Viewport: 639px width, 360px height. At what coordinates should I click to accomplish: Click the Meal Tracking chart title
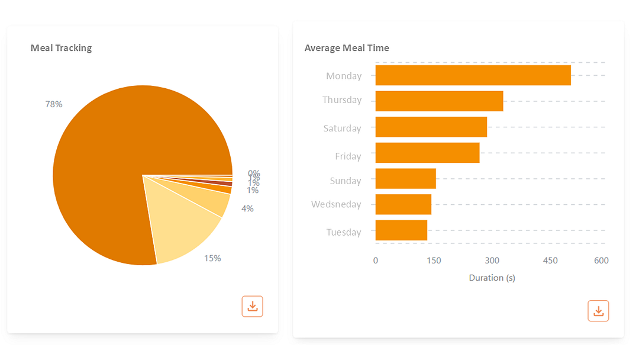pyautogui.click(x=61, y=48)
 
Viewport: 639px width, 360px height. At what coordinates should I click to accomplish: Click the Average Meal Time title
pyautogui.click(x=347, y=48)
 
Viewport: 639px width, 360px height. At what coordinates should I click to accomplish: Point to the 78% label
pyautogui.click(x=54, y=104)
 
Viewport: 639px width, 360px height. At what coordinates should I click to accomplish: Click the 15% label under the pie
pyautogui.click(x=212, y=258)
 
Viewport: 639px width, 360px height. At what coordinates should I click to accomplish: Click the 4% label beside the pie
pyautogui.click(x=247, y=208)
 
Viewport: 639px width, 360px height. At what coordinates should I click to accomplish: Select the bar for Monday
pyautogui.click(x=473, y=75)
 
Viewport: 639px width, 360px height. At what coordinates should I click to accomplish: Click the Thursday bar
pyautogui.click(x=439, y=101)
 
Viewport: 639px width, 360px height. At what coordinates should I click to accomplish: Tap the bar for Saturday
pyautogui.click(x=431, y=127)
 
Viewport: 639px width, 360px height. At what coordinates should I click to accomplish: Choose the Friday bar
pyautogui.click(x=427, y=153)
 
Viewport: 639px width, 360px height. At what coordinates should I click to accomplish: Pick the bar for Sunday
pyautogui.click(x=405, y=179)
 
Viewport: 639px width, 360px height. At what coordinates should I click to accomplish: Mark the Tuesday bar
pyautogui.click(x=401, y=230)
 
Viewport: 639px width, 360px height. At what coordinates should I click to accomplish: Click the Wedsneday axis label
pyautogui.click(x=336, y=204)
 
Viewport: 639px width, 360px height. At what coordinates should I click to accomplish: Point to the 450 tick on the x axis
pyautogui.click(x=550, y=261)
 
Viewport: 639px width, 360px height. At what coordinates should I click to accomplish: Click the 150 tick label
pyautogui.click(x=434, y=261)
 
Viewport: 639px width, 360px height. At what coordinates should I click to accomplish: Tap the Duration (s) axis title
pyautogui.click(x=492, y=278)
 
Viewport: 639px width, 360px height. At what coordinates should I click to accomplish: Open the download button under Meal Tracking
pyautogui.click(x=252, y=306)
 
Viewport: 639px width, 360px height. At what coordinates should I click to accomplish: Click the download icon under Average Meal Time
pyautogui.click(x=598, y=311)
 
